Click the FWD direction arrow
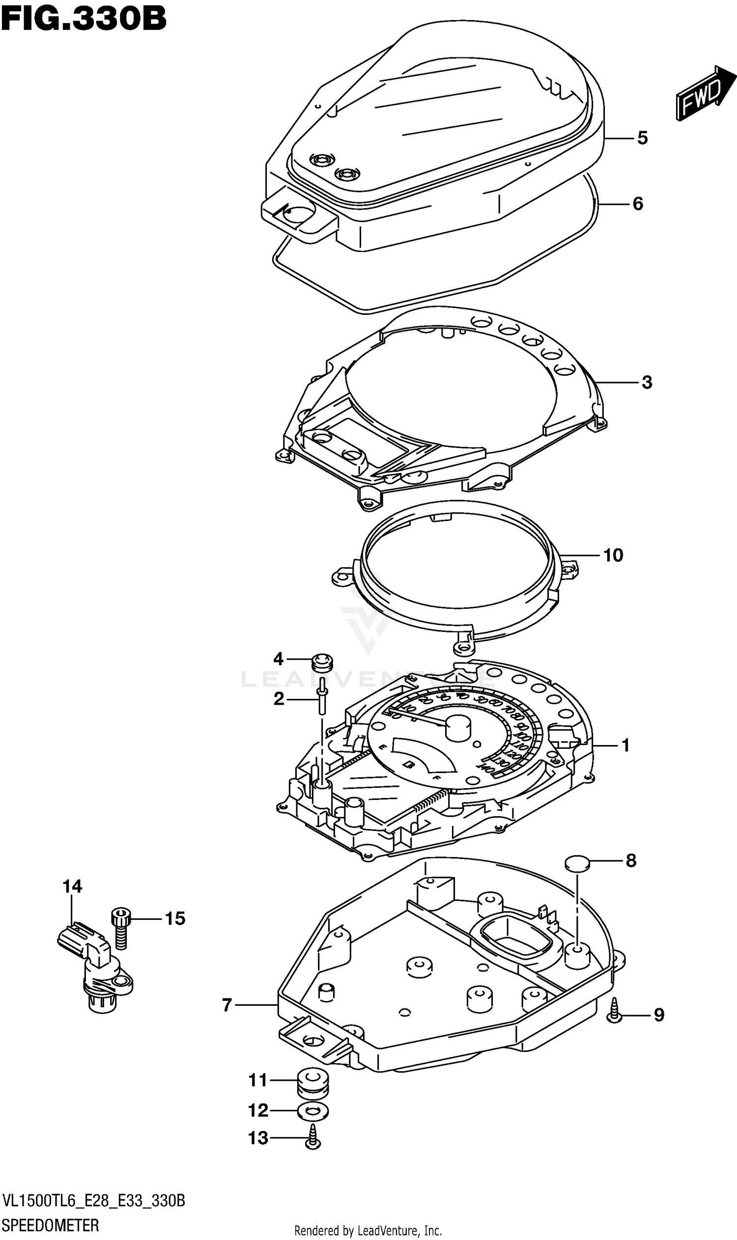(x=704, y=93)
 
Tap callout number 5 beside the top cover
(x=642, y=138)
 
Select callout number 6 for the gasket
(x=638, y=204)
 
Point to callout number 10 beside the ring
(x=613, y=555)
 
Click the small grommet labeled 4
(x=322, y=662)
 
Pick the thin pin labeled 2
(x=323, y=699)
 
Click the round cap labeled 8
(x=577, y=863)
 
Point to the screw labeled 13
(x=313, y=1138)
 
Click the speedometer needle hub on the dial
(x=458, y=728)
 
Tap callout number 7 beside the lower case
(x=227, y=1006)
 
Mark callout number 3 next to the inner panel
(x=646, y=382)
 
